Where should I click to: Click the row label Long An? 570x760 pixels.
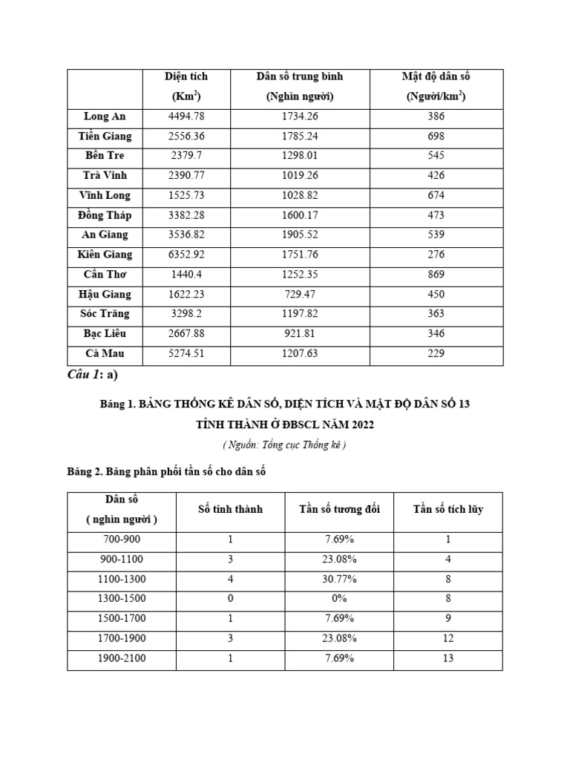point(105,117)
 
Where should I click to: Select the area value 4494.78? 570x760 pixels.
point(186,117)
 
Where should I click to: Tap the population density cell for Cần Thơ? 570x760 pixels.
point(436,275)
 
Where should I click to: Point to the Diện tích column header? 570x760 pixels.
point(186,86)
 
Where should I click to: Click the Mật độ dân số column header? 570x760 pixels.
point(436,86)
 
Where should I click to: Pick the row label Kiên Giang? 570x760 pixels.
point(105,255)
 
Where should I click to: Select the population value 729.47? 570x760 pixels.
point(300,295)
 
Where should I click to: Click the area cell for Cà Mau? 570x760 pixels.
point(186,354)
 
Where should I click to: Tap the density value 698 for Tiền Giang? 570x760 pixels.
point(436,137)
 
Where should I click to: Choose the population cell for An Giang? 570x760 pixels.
point(300,235)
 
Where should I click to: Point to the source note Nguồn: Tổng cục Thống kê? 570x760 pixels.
point(284,445)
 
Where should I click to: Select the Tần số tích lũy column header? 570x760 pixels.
point(448,510)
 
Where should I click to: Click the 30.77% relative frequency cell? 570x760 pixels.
point(339,579)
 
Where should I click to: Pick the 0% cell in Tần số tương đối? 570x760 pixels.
point(339,598)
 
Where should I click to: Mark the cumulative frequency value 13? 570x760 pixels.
point(448,658)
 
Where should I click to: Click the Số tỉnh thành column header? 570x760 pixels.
point(230,510)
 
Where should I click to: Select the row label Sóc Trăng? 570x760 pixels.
point(105,314)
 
